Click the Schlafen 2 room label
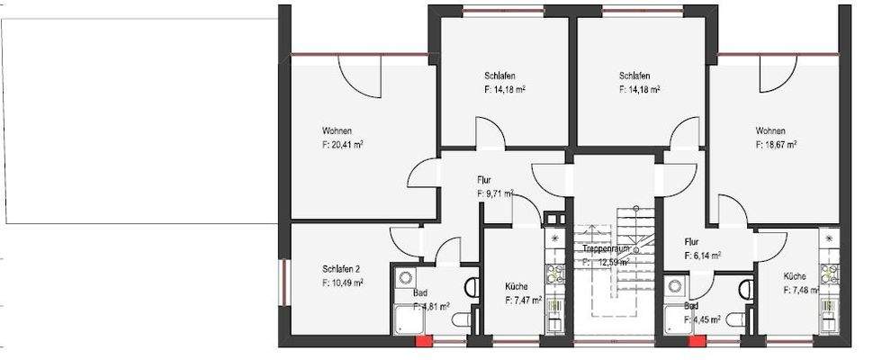coord(342,268)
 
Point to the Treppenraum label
coord(604,247)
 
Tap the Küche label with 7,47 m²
coord(518,286)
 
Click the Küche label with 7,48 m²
coord(795,276)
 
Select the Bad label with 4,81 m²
coord(419,293)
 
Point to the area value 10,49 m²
coord(342,283)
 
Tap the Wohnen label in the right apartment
coord(770,130)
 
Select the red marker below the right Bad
coord(695,342)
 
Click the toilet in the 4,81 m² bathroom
coord(472,287)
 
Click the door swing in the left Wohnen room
coord(360,76)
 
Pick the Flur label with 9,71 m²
coord(484,180)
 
